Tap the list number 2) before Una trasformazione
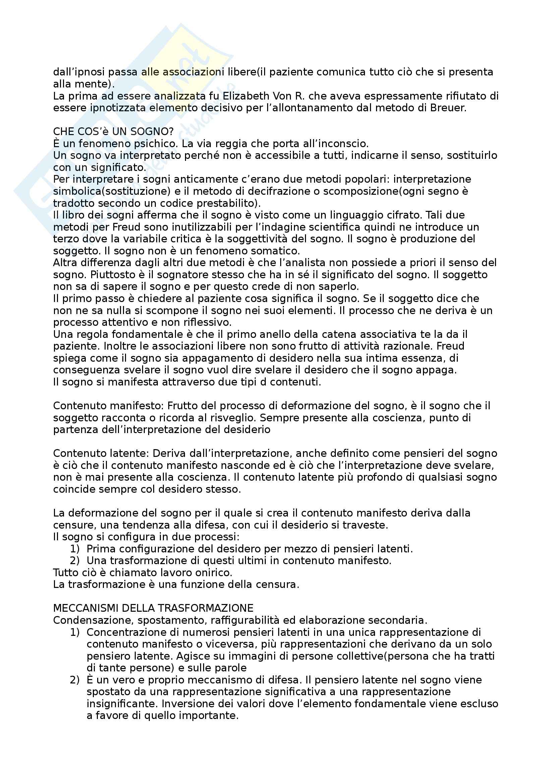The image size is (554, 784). [x=74, y=561]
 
